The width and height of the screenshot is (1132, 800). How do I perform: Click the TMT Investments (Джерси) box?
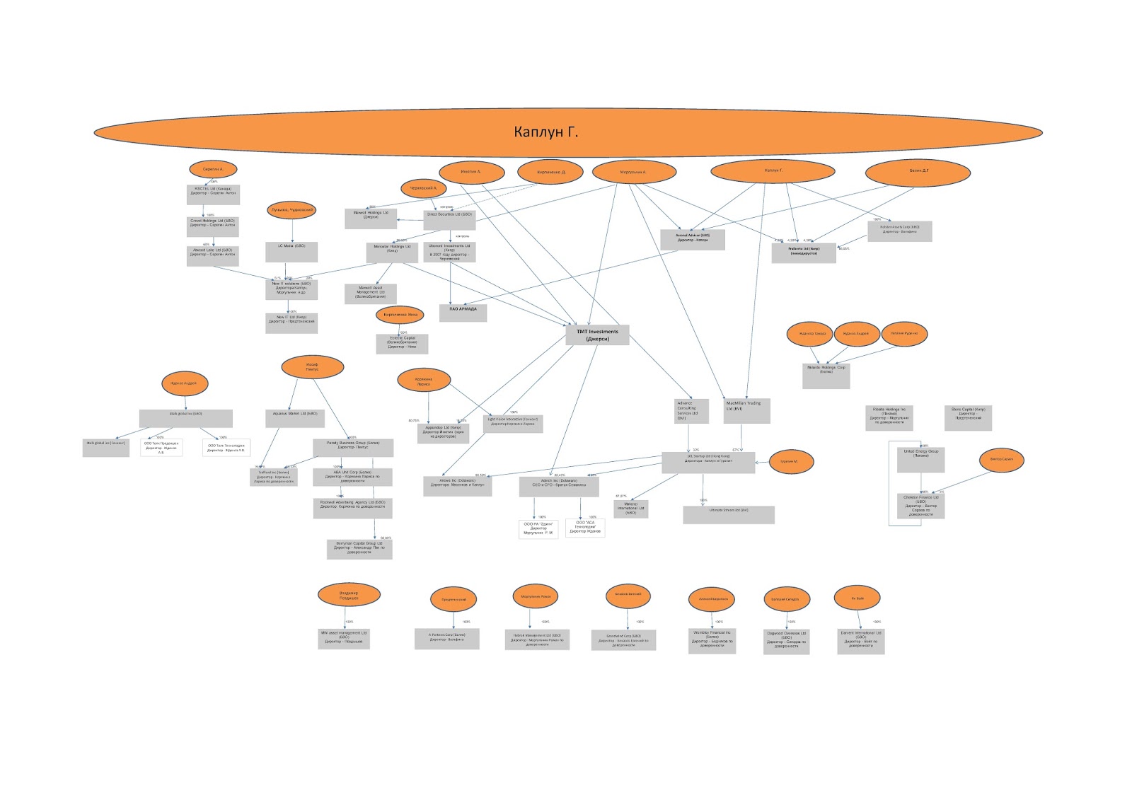(597, 335)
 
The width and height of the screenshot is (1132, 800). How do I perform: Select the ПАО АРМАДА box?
(463, 311)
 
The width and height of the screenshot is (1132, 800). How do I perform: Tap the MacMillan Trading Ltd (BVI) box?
(746, 410)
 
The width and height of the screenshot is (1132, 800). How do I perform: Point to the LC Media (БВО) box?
(291, 251)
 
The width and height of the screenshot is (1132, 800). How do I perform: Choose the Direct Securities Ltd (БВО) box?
(449, 219)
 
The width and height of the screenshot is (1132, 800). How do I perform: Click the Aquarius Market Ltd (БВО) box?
(295, 417)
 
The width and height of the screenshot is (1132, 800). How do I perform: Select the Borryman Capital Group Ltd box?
(359, 549)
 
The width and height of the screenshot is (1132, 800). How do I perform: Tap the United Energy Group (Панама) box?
(920, 459)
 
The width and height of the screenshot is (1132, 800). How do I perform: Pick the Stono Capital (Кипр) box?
(968, 417)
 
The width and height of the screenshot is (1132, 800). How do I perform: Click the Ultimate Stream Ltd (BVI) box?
(729, 514)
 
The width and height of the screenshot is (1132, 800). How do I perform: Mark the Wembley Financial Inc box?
(712, 641)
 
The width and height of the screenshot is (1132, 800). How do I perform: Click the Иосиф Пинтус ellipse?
(312, 367)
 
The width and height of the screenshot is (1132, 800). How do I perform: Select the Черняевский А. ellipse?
(422, 188)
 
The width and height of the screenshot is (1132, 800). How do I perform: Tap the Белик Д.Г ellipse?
(918, 172)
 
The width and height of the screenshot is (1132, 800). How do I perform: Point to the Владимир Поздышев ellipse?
(348, 596)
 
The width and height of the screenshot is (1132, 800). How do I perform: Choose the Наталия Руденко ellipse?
(903, 333)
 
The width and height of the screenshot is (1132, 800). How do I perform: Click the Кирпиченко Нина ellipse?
(400, 315)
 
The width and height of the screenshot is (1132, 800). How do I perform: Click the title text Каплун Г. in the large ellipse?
(545, 132)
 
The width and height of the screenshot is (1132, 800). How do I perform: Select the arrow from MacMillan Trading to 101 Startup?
(741, 438)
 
